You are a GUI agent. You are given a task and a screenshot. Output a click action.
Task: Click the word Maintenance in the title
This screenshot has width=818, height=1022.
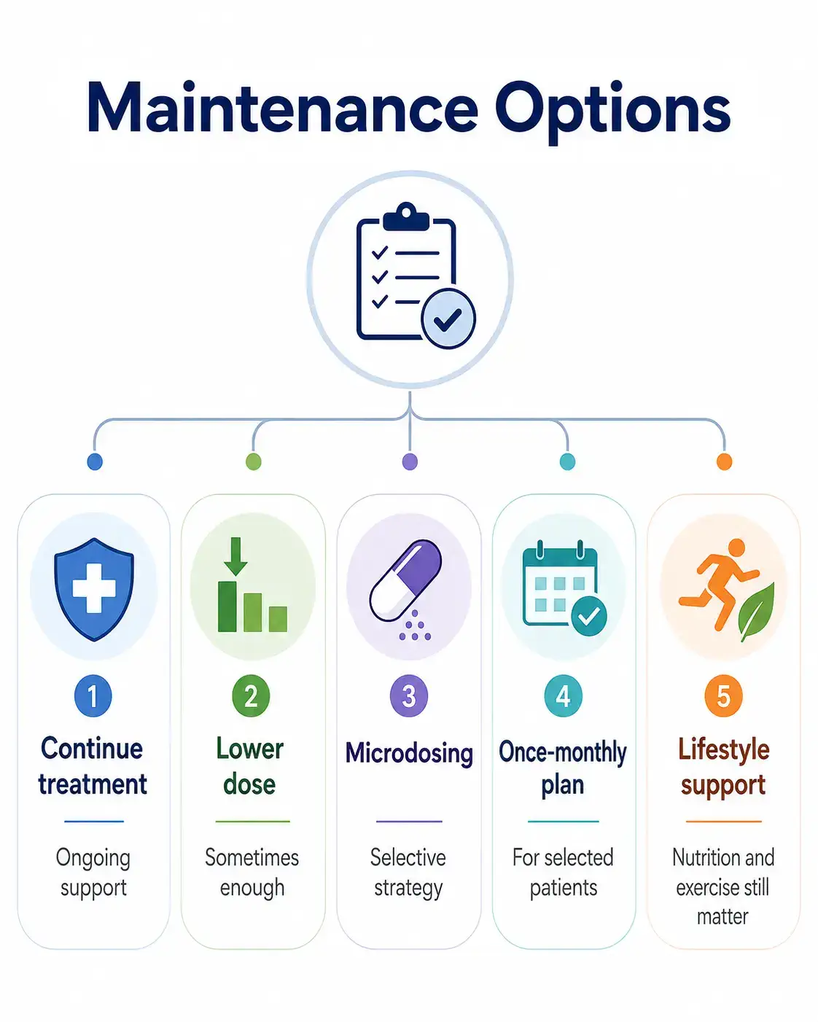[x=283, y=107]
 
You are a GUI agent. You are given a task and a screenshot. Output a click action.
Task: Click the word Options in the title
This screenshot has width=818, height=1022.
[x=613, y=112]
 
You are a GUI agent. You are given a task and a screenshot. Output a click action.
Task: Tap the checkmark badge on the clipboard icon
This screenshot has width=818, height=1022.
[x=448, y=319]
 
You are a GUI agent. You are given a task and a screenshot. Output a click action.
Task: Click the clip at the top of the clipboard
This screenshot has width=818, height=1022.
[x=406, y=217]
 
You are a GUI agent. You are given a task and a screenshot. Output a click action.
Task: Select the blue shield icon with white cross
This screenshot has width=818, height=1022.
[x=94, y=589]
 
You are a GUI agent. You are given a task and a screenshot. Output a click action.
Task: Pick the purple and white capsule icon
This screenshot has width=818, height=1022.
[x=405, y=580]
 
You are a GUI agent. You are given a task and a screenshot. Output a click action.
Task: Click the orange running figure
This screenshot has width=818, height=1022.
[x=718, y=584]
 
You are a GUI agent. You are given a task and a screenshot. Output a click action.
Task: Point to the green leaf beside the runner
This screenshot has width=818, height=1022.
[x=757, y=612]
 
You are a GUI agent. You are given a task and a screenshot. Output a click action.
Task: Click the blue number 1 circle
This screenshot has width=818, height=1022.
[x=93, y=695]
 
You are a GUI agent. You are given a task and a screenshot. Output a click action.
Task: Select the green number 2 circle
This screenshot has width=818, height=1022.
[x=251, y=695]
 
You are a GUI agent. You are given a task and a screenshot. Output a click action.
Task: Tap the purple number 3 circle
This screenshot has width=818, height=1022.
[x=409, y=695]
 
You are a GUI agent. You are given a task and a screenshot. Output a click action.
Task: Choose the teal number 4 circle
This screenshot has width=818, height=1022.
[x=564, y=695]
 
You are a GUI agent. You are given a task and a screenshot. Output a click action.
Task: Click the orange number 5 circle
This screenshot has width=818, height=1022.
[x=723, y=695]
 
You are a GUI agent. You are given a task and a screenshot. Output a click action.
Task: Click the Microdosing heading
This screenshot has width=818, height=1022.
[x=409, y=754]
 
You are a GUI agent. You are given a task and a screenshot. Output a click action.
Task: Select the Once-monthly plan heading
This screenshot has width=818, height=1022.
[x=563, y=768]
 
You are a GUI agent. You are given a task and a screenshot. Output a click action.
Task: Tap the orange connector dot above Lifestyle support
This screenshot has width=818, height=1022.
[x=724, y=461]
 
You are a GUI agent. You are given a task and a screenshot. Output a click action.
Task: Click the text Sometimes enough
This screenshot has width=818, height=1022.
[x=252, y=873]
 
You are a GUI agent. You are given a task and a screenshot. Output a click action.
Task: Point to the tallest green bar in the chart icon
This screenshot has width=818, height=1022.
[x=227, y=606]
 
